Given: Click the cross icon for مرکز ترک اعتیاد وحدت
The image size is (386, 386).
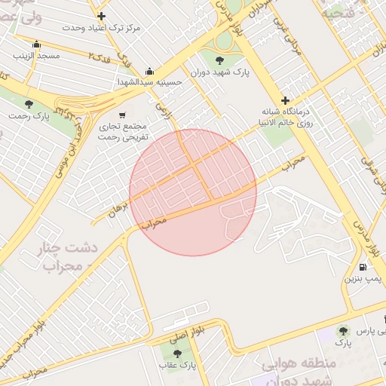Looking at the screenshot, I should point(101,15).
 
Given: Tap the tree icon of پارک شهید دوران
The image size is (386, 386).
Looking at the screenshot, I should point(219,59).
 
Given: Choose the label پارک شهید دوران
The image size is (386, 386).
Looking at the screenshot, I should point(219,72).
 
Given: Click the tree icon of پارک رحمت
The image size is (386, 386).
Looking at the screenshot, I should point(29,104).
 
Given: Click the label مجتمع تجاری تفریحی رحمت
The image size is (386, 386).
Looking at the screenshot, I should point(122,133).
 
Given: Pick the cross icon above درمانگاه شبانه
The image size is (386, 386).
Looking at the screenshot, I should point(285,100).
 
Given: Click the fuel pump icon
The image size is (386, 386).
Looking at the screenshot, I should point(364,267).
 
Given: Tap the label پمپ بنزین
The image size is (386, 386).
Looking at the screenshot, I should point(364,279).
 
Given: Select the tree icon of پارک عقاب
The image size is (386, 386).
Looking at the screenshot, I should point(177,352).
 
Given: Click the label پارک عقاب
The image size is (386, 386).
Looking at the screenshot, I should point(177,366).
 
